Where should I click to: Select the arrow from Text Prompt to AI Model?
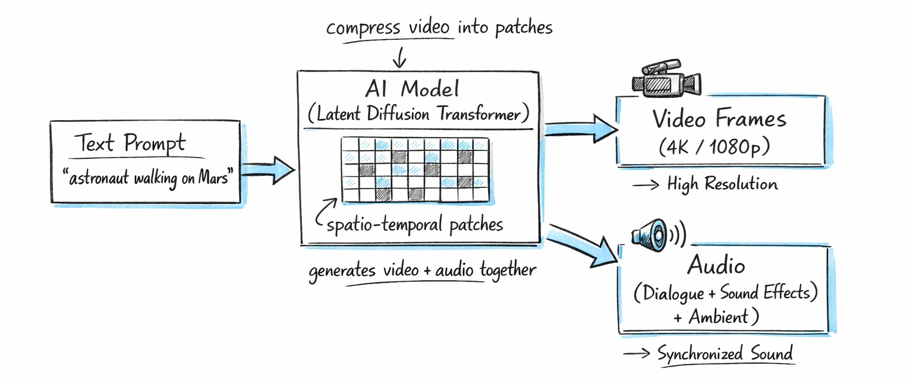point(267,170)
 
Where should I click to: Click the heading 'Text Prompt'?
point(130,143)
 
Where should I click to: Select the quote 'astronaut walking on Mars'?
point(146,177)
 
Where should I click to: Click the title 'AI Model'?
point(413,89)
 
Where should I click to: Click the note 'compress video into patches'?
point(439,27)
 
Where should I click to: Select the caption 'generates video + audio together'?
point(422,271)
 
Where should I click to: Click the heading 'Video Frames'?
point(719,119)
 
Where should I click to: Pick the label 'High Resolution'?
point(722,184)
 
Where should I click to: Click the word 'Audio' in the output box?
point(716,265)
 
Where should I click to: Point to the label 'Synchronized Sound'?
point(725,354)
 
